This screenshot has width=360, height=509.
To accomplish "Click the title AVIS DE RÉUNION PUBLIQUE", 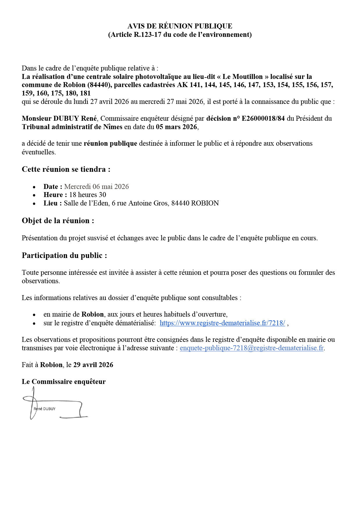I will point(180,26).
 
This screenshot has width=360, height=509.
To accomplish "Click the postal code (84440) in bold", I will point(99,85).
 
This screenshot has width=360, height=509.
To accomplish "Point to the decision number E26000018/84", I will point(263,118).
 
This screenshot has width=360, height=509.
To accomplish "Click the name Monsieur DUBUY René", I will point(59,118).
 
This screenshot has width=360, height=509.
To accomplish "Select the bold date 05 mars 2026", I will point(177,127).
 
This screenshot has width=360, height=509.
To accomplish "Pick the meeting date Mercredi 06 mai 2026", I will point(96,187).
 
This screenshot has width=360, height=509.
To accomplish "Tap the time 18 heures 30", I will point(87,195).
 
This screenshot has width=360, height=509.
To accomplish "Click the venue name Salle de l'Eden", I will point(87,203).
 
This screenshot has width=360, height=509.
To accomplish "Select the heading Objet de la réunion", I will point(58,221).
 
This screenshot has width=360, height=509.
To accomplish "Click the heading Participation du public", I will point(64,256).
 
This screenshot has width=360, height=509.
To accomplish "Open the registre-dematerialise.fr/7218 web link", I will point(222,323).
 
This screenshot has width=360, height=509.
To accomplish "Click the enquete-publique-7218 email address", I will point(251,348).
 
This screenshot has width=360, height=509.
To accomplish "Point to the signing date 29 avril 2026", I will point(93,365).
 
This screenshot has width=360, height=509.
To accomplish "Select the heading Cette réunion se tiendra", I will point(66,169).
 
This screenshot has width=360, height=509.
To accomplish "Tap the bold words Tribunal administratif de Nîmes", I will point(72,127).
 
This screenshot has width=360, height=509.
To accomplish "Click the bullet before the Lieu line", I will point(34,204).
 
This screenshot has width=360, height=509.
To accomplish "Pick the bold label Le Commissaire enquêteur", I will point(64,382).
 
